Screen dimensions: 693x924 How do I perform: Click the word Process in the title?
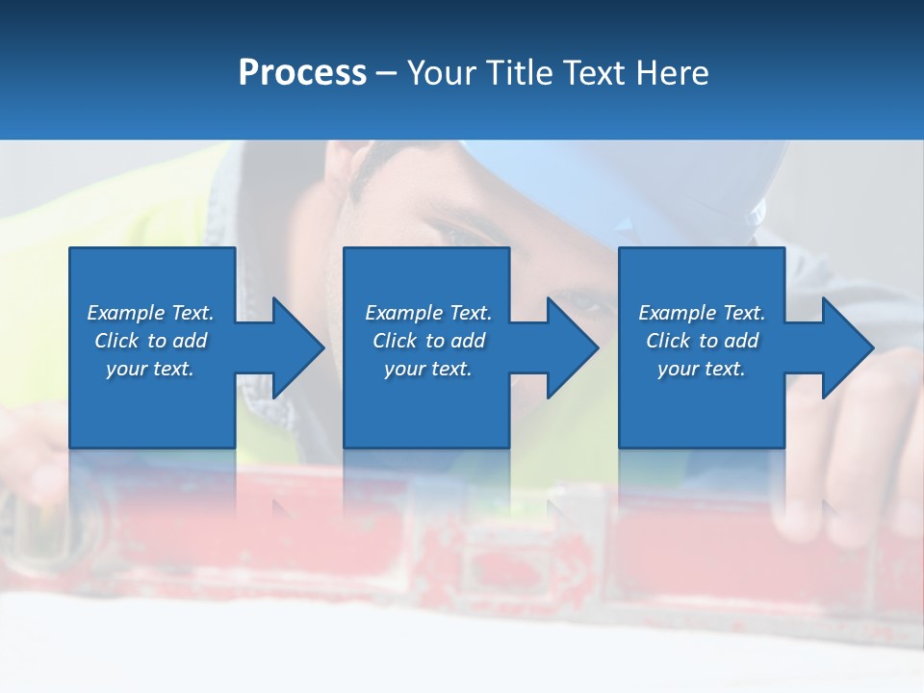(302, 73)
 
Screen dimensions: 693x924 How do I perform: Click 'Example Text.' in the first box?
(150, 313)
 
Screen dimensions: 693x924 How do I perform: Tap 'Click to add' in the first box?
(150, 341)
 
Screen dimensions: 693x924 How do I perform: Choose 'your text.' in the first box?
(150, 369)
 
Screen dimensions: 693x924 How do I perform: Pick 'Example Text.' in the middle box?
(427, 313)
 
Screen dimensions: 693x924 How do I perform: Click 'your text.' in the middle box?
(427, 369)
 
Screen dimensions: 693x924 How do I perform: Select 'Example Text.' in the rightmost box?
(702, 313)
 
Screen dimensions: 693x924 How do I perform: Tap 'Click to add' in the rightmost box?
(702, 341)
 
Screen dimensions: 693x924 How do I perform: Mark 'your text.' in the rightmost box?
(702, 369)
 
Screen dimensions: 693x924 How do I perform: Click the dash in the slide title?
(387, 74)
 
